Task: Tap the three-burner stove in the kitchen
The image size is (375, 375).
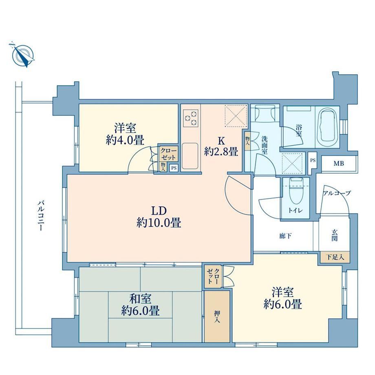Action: click(x=191, y=118)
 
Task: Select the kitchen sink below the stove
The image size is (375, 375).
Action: click(x=190, y=156)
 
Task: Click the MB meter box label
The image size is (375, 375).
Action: click(x=339, y=163)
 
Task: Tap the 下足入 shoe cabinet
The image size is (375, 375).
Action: click(x=335, y=257)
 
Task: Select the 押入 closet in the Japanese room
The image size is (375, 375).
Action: click(x=217, y=316)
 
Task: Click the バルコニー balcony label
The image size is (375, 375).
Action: click(x=41, y=216)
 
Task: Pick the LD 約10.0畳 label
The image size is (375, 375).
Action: click(x=159, y=217)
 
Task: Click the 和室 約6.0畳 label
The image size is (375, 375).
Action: click(x=140, y=305)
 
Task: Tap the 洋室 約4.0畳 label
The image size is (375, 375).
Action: click(x=125, y=134)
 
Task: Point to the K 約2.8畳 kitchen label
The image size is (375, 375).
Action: click(x=221, y=146)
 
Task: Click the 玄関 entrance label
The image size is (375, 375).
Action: click(x=334, y=235)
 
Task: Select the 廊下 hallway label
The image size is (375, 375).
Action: click(x=285, y=236)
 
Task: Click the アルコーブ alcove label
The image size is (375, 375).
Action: click(x=337, y=193)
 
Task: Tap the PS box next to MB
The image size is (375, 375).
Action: click(x=313, y=161)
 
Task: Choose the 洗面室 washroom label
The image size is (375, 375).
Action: click(x=264, y=145)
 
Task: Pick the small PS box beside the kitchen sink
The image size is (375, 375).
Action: click(x=174, y=168)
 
